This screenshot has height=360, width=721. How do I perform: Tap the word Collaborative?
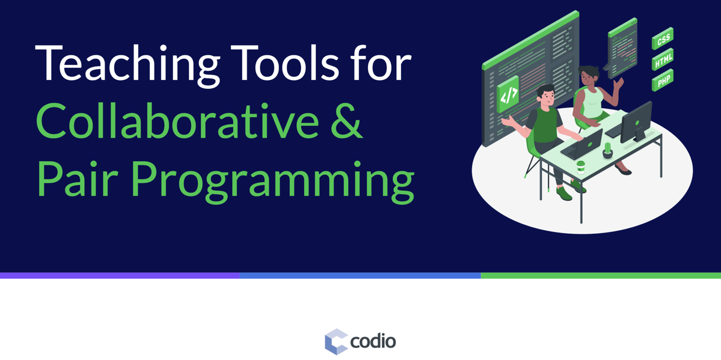pyautogui.click(x=176, y=120)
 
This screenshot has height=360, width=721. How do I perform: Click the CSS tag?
pyautogui.click(x=663, y=39)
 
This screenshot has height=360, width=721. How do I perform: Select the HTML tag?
pyautogui.click(x=663, y=59)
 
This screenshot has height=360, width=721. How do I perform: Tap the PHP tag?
pyautogui.click(x=663, y=81)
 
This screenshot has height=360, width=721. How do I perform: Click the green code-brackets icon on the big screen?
pyautogui.click(x=508, y=95)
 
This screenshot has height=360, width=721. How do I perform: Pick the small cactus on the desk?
pyautogui.click(x=608, y=150)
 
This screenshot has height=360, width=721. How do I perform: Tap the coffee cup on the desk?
pyautogui.click(x=581, y=166)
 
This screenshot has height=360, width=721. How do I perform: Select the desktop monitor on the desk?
pyautogui.click(x=636, y=122)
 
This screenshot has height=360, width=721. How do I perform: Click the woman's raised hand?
pyautogui.click(x=618, y=83)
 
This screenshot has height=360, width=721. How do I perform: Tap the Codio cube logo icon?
pyautogui.click(x=336, y=341)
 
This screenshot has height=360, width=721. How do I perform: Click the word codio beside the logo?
pyautogui.click(x=373, y=341)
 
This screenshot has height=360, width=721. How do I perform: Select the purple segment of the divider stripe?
pyautogui.click(x=120, y=275)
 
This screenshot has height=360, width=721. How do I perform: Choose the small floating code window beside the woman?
pyautogui.click(x=622, y=48)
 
